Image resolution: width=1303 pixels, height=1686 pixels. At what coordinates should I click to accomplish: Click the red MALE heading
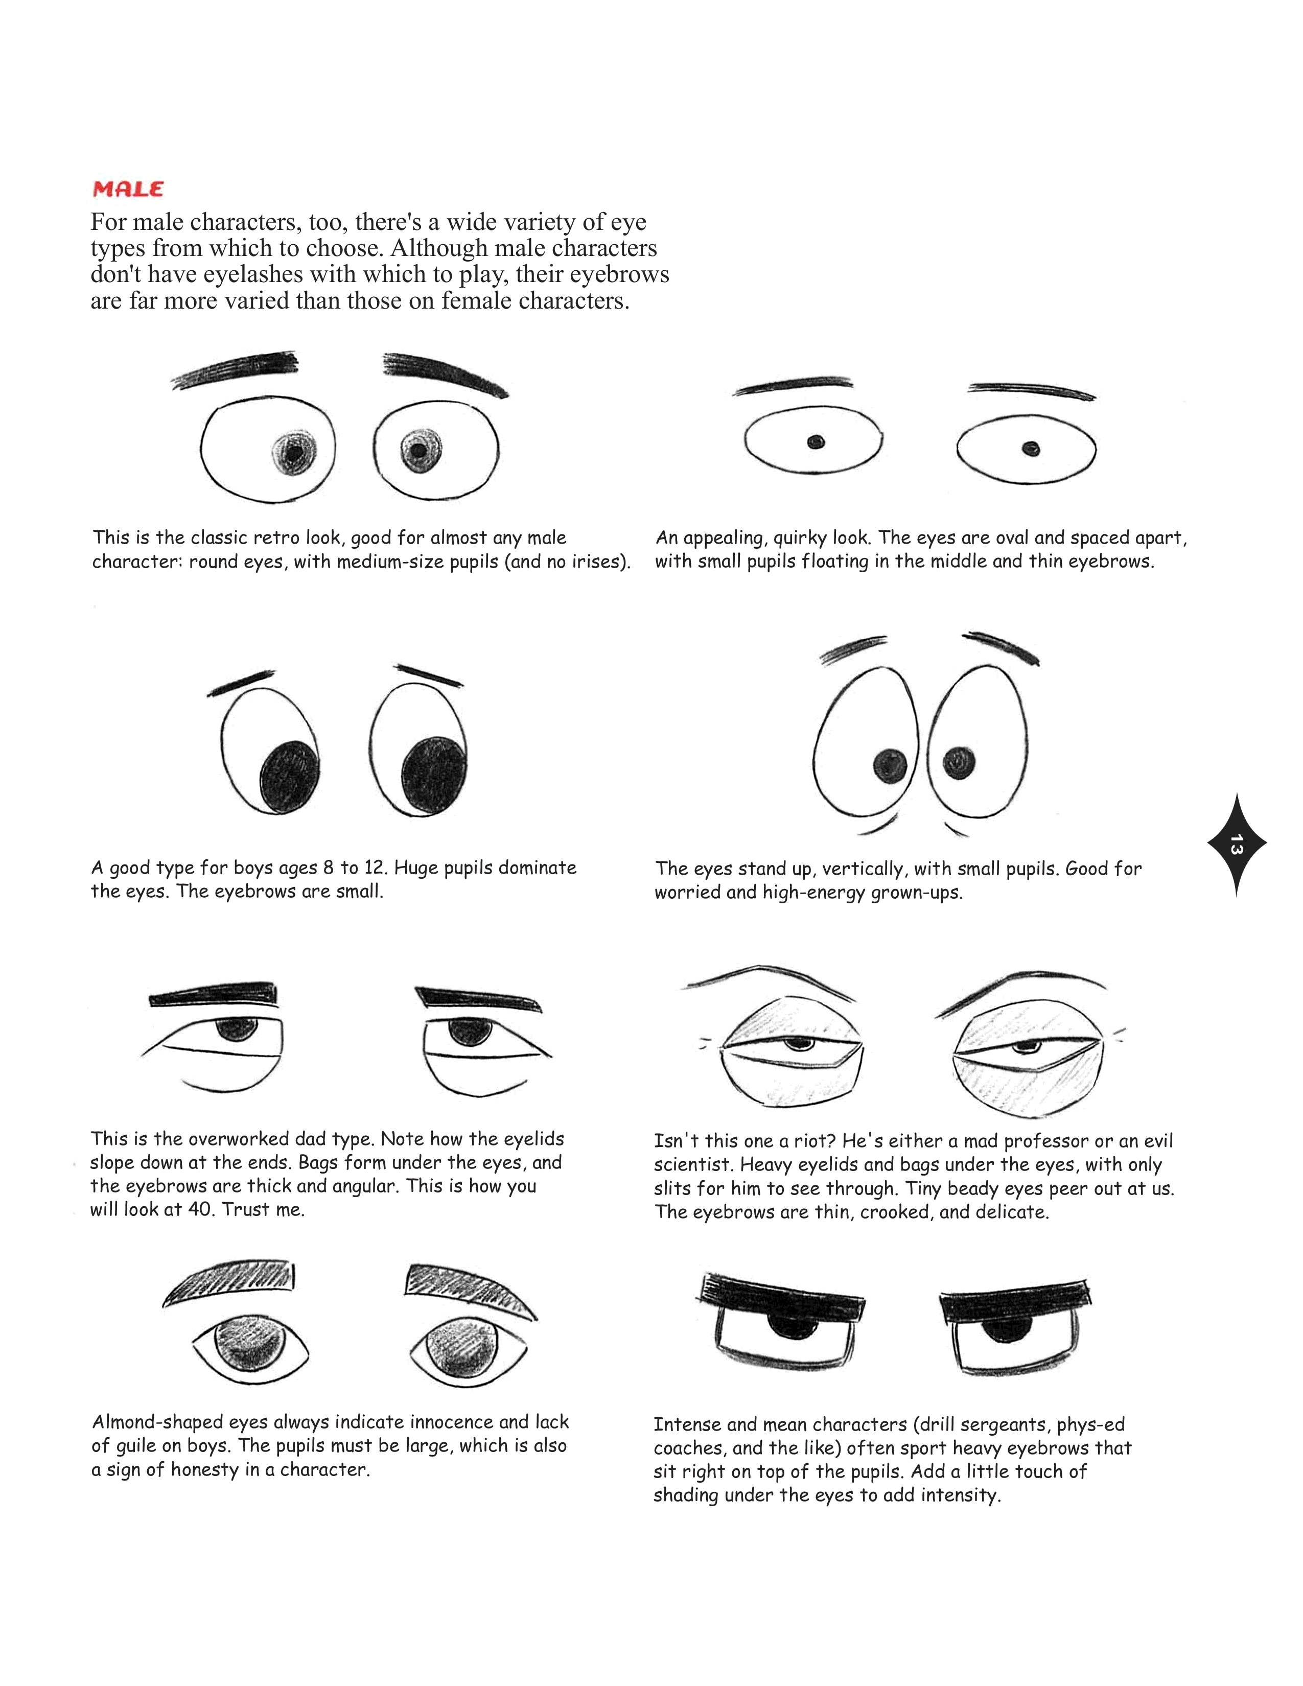click(x=128, y=189)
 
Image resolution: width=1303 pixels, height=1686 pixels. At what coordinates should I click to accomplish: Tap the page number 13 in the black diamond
click(x=1236, y=844)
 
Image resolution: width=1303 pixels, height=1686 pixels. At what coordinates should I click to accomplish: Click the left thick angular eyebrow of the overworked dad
click(x=213, y=995)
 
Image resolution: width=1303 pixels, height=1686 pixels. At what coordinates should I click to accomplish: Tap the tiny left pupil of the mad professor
click(x=795, y=1045)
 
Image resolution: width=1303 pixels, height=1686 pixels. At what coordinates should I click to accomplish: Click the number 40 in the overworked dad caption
click(x=200, y=1209)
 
